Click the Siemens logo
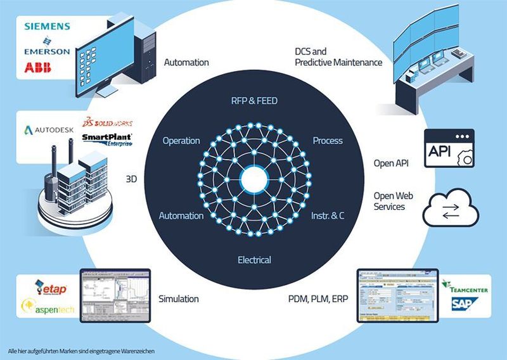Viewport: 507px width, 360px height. pos(46,27)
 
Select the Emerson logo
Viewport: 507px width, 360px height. pos(46,50)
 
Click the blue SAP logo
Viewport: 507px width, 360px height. pos(465,305)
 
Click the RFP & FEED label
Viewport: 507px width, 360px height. pos(253,101)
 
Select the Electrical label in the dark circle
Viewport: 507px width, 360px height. pos(254,260)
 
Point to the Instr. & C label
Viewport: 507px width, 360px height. pos(328,215)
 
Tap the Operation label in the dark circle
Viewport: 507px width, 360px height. pos(181,140)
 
